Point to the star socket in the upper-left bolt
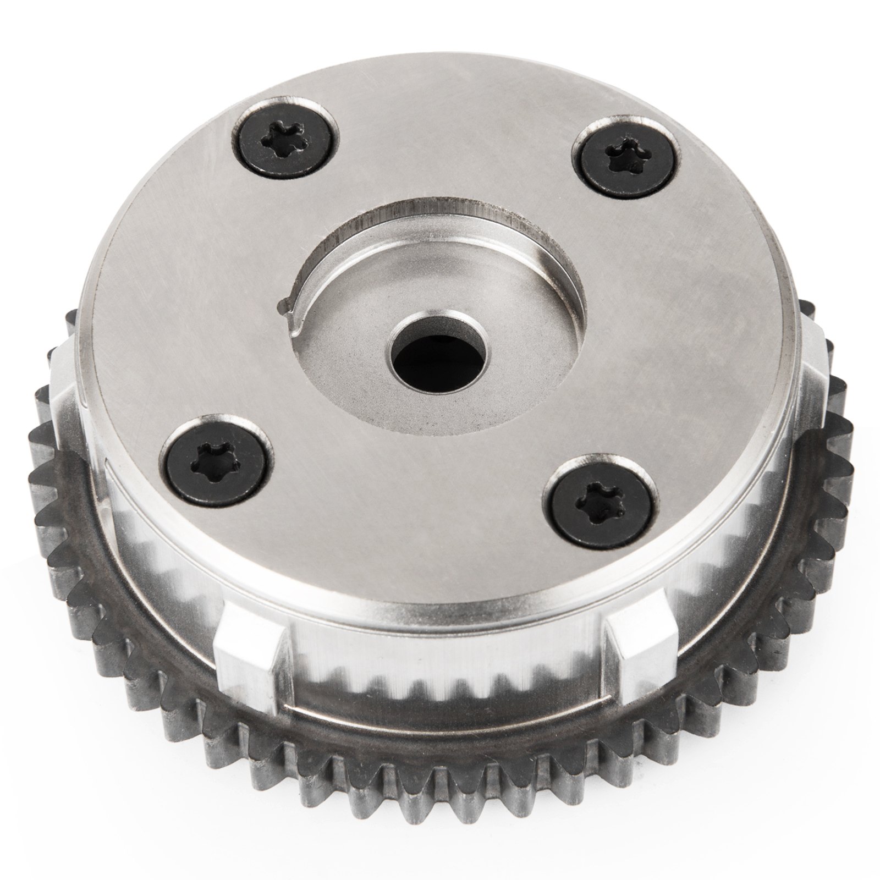[x=280, y=131]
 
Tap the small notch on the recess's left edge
[x=285, y=305]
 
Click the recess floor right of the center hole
[x=528, y=352]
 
